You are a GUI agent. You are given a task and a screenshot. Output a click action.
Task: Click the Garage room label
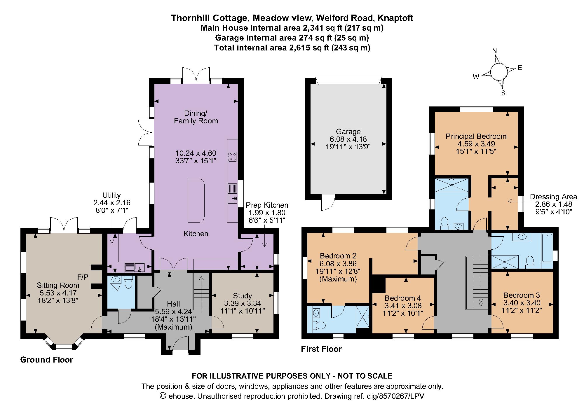[x=348, y=132]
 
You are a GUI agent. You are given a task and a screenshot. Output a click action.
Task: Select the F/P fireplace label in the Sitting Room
[x=83, y=277]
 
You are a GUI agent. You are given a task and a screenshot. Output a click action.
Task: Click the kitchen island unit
[x=196, y=200]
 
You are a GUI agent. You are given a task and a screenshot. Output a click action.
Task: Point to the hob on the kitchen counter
[x=233, y=157]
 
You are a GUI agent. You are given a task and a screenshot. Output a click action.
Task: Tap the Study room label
[x=242, y=296]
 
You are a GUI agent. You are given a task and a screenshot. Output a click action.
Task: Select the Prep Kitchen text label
[x=267, y=205]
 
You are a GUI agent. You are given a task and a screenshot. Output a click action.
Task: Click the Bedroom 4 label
[x=402, y=298]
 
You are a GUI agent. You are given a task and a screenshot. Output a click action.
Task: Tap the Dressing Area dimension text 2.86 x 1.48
[x=554, y=204]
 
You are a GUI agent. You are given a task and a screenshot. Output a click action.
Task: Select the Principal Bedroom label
[x=476, y=136]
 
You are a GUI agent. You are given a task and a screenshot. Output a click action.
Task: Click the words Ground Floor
[x=46, y=360]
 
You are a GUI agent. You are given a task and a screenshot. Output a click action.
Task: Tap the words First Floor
[x=321, y=349]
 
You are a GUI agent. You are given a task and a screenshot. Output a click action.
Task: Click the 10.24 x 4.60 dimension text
[x=196, y=153]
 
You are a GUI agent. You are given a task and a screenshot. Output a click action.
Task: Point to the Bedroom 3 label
[x=521, y=295]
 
